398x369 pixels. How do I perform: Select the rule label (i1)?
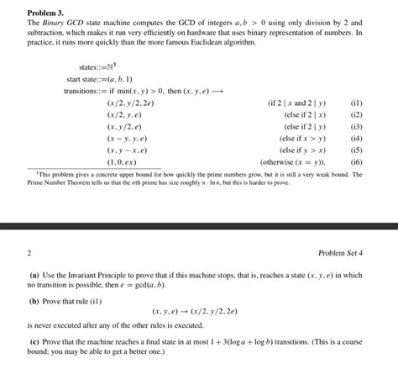[x=356, y=102]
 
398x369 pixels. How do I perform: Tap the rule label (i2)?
[x=356, y=113]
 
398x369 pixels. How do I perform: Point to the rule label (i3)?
[x=356, y=125]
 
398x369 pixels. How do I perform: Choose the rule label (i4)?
[x=356, y=137]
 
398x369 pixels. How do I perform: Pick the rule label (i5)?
[x=356, y=149]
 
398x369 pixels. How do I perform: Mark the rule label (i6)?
[x=356, y=161]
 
